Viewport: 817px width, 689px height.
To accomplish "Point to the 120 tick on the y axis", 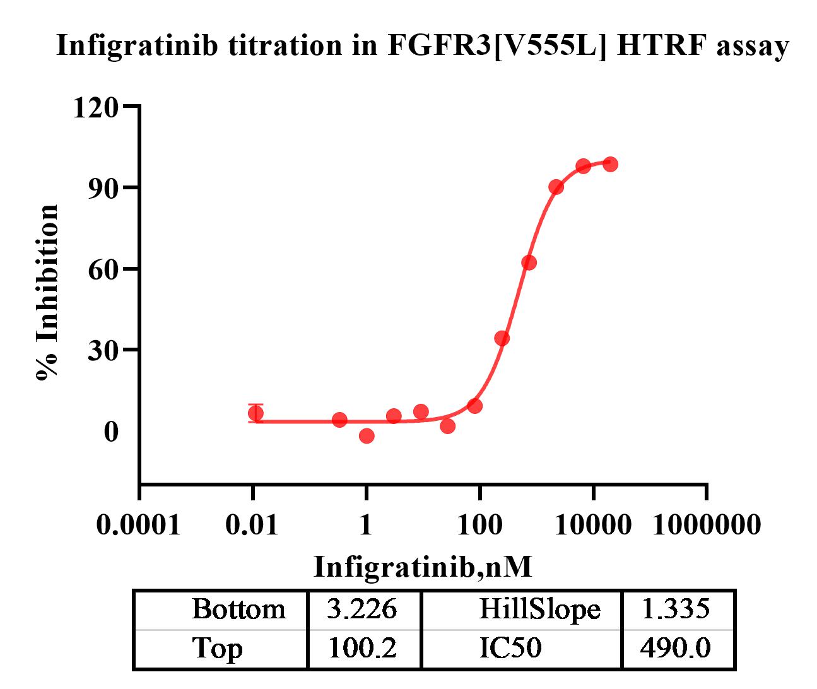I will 95,107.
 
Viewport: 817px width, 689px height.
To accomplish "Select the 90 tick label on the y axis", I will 103,188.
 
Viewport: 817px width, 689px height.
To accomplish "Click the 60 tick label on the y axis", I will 103,269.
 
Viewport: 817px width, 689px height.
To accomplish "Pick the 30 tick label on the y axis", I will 103,350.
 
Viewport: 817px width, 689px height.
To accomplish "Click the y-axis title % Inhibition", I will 48,292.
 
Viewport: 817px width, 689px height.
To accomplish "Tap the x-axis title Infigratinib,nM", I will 423,567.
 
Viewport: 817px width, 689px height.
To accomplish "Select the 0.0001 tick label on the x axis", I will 138,524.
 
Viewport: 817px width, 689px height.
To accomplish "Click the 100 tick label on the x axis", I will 479,524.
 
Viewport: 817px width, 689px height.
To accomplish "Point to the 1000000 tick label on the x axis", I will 707,524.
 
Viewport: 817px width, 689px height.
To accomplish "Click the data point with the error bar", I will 256,414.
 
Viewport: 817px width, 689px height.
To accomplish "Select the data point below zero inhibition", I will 367,435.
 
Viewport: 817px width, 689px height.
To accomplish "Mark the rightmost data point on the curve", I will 610,164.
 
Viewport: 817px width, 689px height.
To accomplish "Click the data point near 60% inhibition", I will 529,262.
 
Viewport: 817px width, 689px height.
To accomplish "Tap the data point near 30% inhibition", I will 502,338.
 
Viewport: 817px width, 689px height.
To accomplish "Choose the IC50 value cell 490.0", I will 675,648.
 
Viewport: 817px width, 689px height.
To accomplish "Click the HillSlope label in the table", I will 539,609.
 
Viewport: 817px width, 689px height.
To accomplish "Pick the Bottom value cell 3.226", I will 362,609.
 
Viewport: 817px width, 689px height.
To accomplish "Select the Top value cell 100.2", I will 362,648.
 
